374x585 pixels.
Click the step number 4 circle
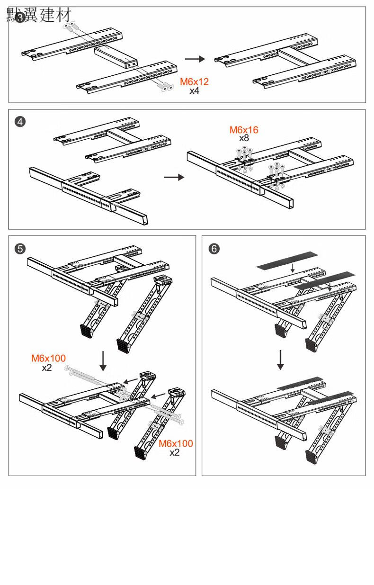pyautogui.click(x=20, y=121)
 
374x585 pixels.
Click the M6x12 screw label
pyautogui.click(x=194, y=82)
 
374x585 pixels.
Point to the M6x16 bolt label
pyautogui.click(x=244, y=130)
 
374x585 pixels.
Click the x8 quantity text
pyautogui.click(x=244, y=138)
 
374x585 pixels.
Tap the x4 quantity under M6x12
pyautogui.click(x=194, y=90)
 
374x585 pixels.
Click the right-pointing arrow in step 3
pyautogui.click(x=195, y=59)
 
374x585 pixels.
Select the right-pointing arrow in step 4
pyautogui.click(x=173, y=178)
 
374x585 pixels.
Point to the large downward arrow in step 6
pyautogui.click(x=280, y=360)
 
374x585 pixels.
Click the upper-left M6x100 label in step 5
pyautogui.click(x=49, y=358)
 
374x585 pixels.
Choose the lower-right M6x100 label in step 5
pyautogui.click(x=176, y=444)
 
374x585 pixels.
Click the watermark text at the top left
pyautogui.click(x=42, y=15)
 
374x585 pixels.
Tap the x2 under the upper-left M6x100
pyautogui.click(x=46, y=367)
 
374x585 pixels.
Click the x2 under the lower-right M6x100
pyautogui.click(x=175, y=452)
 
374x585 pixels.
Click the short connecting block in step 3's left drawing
pyautogui.click(x=116, y=57)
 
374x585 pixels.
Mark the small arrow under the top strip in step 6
pyautogui.click(x=293, y=269)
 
